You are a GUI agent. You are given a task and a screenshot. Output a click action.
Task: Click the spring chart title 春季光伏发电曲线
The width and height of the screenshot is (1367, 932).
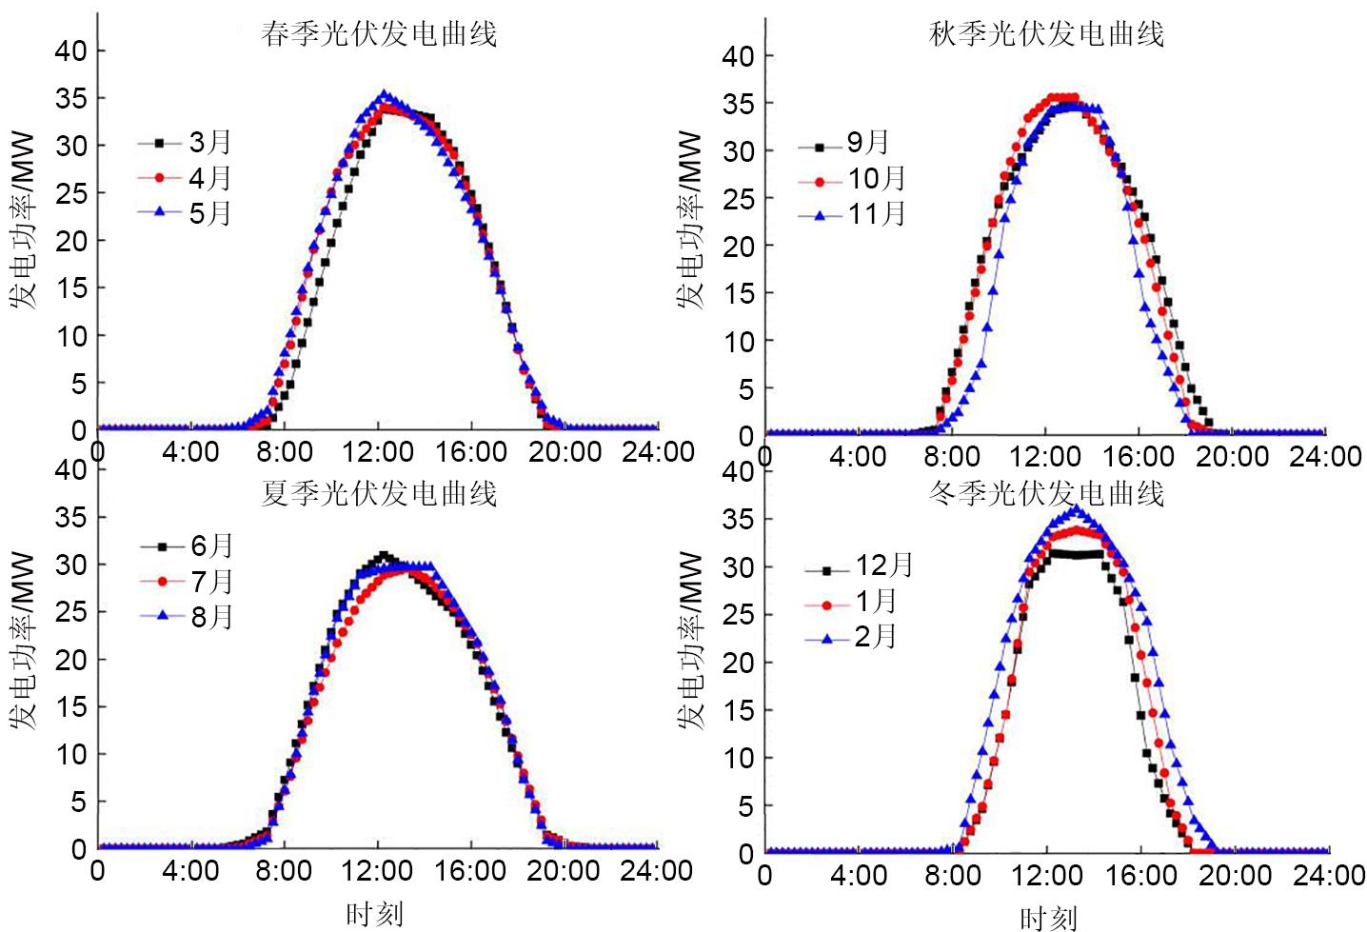pyautogui.click(x=379, y=35)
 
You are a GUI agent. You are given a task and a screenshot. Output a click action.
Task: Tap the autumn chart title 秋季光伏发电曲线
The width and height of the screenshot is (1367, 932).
pyautogui.click(x=1046, y=35)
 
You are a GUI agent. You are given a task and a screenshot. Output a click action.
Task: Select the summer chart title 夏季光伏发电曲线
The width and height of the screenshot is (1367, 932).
pyautogui.click(x=379, y=493)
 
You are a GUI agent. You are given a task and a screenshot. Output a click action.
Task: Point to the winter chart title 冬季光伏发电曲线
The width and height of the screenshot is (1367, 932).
pyautogui.click(x=1046, y=493)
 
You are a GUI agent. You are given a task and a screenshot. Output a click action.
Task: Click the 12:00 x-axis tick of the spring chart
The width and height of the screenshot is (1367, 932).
pyautogui.click(x=379, y=451)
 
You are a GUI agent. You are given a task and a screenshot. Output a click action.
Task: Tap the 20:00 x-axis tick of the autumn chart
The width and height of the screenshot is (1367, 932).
pyautogui.click(x=1233, y=456)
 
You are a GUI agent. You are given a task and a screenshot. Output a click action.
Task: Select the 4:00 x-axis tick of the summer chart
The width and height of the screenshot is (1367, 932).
pyautogui.click(x=190, y=870)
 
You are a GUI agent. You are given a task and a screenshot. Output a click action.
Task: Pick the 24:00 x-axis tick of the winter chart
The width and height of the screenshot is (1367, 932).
pyautogui.click(x=1326, y=875)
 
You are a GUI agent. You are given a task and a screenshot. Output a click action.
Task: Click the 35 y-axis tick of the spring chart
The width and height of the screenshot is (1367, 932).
pyautogui.click(x=70, y=99)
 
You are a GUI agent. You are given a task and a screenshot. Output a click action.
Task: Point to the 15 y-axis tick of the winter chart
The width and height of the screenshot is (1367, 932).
pyautogui.click(x=739, y=710)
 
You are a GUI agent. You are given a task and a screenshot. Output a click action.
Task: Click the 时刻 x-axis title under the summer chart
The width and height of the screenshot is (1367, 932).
pyautogui.click(x=374, y=915)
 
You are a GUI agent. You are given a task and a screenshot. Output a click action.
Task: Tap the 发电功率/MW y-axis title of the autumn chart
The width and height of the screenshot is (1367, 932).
pyautogui.click(x=691, y=221)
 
